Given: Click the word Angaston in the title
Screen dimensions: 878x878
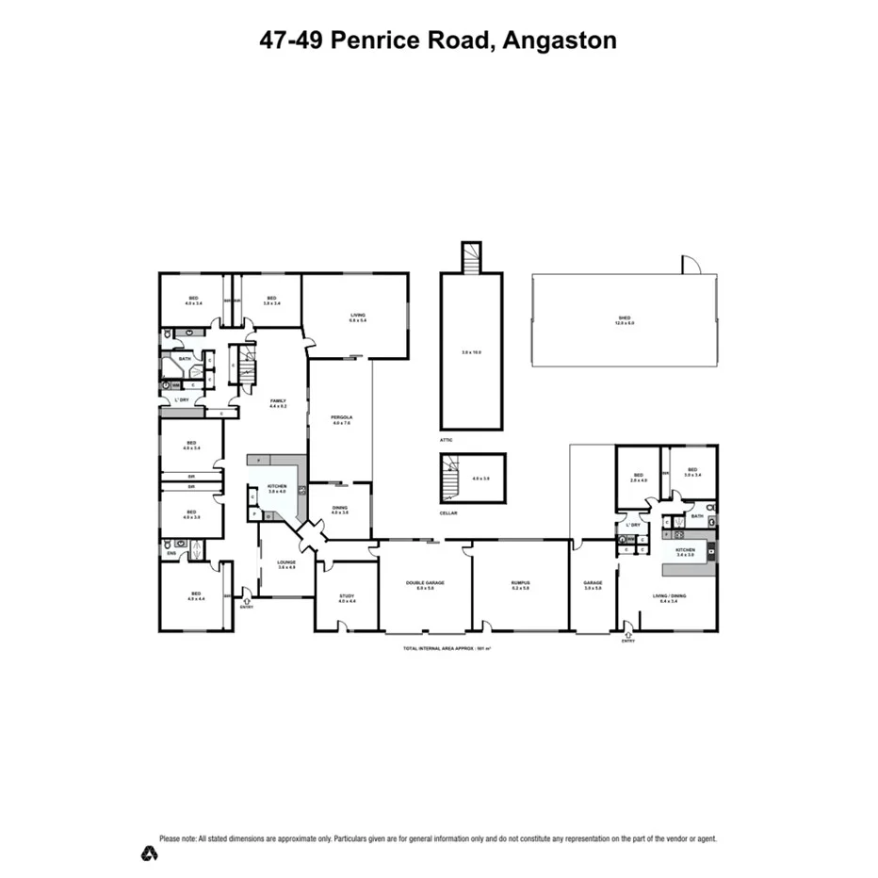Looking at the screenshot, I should click(561, 41).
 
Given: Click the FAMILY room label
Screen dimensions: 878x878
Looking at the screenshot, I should click(277, 401).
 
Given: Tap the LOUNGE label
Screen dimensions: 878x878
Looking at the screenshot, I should click(286, 562).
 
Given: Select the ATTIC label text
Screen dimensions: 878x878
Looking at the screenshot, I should click(447, 440).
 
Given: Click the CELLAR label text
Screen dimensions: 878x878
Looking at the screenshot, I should click(448, 513).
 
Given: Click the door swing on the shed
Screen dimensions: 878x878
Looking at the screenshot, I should click(691, 265).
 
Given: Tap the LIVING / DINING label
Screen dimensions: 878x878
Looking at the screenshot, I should click(669, 595).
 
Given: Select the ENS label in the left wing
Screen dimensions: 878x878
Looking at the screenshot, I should click(171, 553).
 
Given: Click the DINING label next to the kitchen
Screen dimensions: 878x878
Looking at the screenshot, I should click(340, 509).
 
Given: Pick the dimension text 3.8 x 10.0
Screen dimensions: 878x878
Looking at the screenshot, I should click(472, 351).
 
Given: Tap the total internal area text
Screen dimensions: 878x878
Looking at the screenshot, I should click(447, 649).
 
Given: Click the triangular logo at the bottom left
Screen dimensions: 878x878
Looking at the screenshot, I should click(149, 854).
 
